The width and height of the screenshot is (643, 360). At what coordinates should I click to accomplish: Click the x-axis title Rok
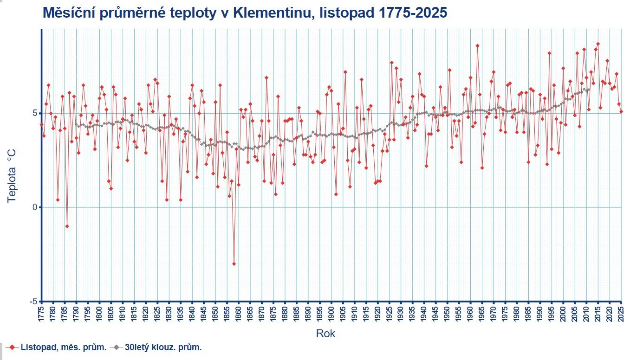pos(325,334)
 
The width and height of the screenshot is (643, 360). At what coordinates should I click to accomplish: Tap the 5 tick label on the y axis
pos(35,113)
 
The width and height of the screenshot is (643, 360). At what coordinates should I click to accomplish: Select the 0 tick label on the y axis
pos(35,207)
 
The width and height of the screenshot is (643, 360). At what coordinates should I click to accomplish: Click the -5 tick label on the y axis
pos(33,302)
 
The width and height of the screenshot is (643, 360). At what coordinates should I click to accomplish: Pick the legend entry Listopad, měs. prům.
pos(63,347)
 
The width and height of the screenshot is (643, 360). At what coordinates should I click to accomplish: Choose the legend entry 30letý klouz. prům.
pos(163,347)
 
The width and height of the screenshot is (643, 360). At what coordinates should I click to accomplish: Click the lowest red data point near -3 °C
pos(234,264)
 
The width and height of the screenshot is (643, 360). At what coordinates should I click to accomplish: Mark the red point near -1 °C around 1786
pos(67,226)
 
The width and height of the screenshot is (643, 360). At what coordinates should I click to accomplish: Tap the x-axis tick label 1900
pos(331,312)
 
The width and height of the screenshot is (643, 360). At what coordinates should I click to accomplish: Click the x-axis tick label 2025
pos(622,312)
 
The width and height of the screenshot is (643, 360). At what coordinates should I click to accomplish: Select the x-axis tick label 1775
pos(41,312)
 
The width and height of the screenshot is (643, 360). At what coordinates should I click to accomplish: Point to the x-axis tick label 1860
pos(239,312)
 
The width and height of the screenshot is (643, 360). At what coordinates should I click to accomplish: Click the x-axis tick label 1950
pos(448,312)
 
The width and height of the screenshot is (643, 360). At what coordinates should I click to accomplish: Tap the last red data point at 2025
pos(621,111)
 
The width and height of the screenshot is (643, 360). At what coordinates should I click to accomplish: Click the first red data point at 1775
pos(41,124)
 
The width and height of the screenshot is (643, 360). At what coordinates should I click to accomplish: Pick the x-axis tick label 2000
pos(564,312)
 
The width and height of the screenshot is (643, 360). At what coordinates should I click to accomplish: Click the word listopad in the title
pos(343,13)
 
